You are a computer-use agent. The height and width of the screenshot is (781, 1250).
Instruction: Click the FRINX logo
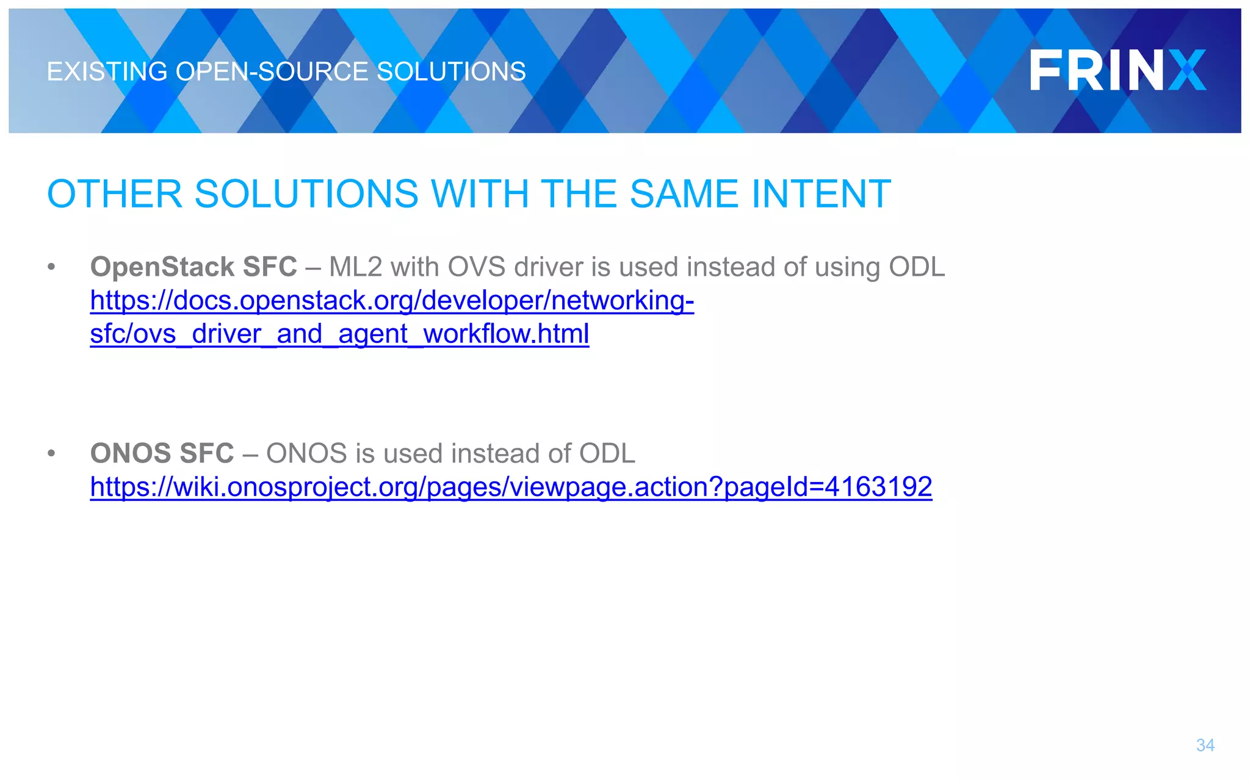[1118, 71]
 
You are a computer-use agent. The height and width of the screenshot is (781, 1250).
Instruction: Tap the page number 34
[1205, 745]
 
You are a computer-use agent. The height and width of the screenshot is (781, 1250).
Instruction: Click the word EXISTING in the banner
[107, 72]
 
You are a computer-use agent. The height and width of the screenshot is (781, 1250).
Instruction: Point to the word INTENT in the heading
[821, 194]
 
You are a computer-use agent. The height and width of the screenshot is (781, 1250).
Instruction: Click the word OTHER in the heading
[115, 194]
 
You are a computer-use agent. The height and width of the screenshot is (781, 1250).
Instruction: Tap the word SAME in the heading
[684, 194]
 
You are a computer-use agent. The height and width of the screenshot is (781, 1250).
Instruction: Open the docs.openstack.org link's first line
[392, 301]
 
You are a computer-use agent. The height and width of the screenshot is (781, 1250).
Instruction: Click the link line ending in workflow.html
[339, 334]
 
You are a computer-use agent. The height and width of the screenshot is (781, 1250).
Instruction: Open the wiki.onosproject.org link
[511, 487]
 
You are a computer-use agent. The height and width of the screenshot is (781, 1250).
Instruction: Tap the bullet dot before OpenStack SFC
[51, 267]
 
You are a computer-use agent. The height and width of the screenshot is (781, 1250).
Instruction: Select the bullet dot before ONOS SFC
[51, 453]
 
